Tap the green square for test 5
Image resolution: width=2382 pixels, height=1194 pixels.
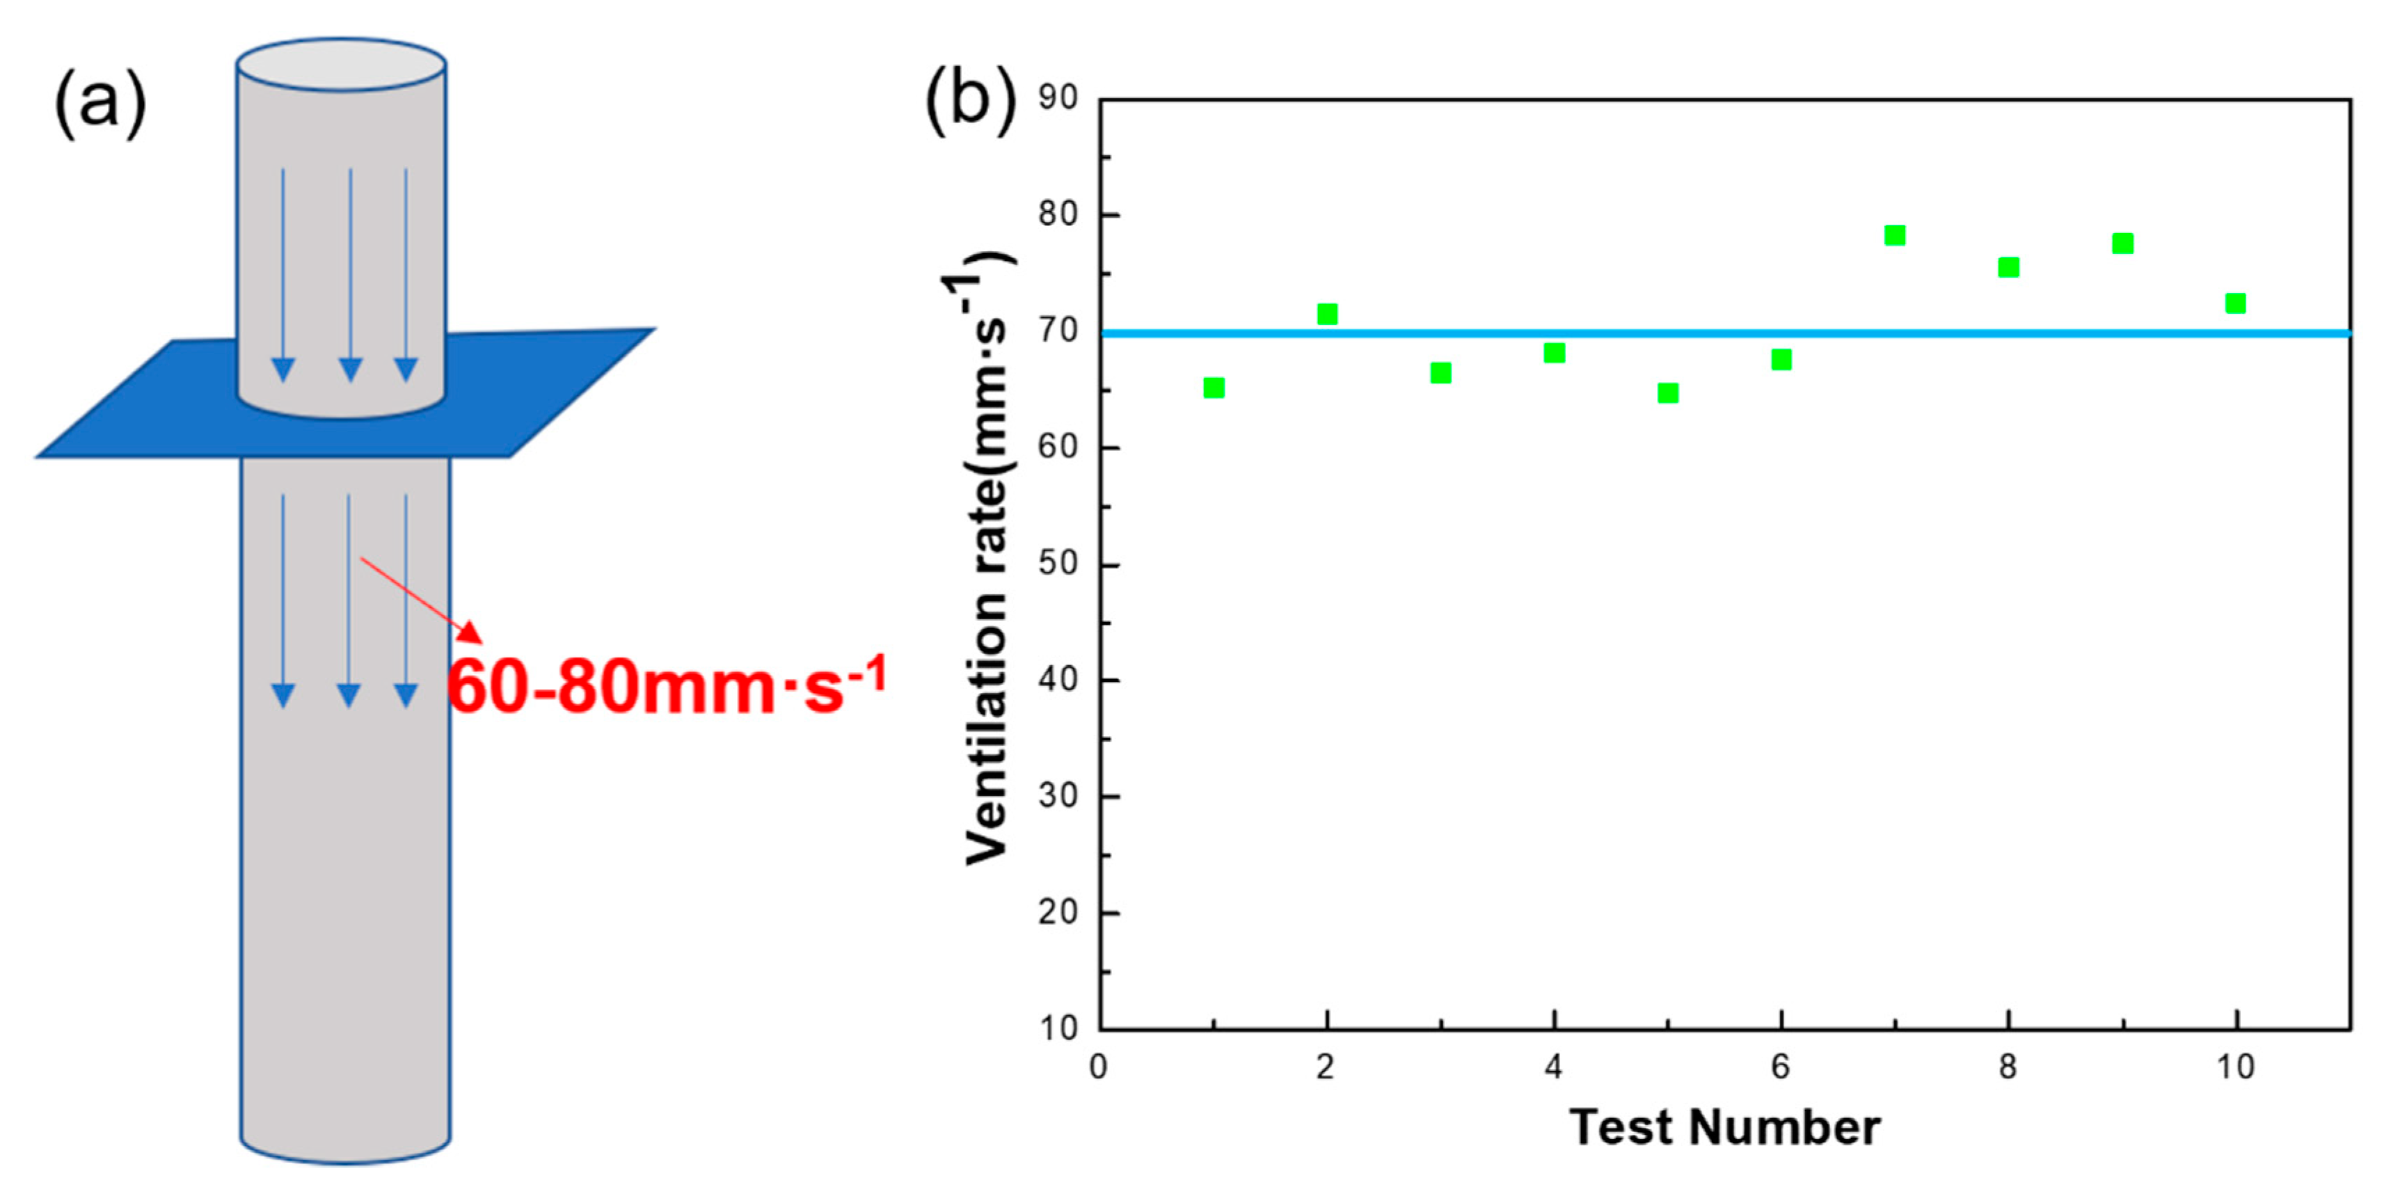coord(1667,393)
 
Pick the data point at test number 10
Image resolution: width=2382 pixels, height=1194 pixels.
coord(2235,303)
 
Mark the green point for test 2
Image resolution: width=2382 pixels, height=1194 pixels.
coord(1327,315)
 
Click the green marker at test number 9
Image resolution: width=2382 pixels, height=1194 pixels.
coord(2122,244)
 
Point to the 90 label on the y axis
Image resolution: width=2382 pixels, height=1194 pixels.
coord(1058,97)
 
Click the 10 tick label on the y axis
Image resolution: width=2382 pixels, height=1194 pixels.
coord(1058,1028)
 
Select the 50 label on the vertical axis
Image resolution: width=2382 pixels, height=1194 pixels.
coord(1058,562)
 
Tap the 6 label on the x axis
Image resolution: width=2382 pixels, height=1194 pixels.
coord(1780,1067)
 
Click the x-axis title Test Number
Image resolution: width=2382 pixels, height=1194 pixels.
coord(1724,1127)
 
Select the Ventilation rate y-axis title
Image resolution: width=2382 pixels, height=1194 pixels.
coord(987,559)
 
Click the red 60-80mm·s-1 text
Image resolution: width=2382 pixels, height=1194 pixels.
coord(666,686)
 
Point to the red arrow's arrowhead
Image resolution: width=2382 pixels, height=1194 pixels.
coord(472,632)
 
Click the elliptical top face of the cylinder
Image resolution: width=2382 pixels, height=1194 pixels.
coord(341,65)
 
